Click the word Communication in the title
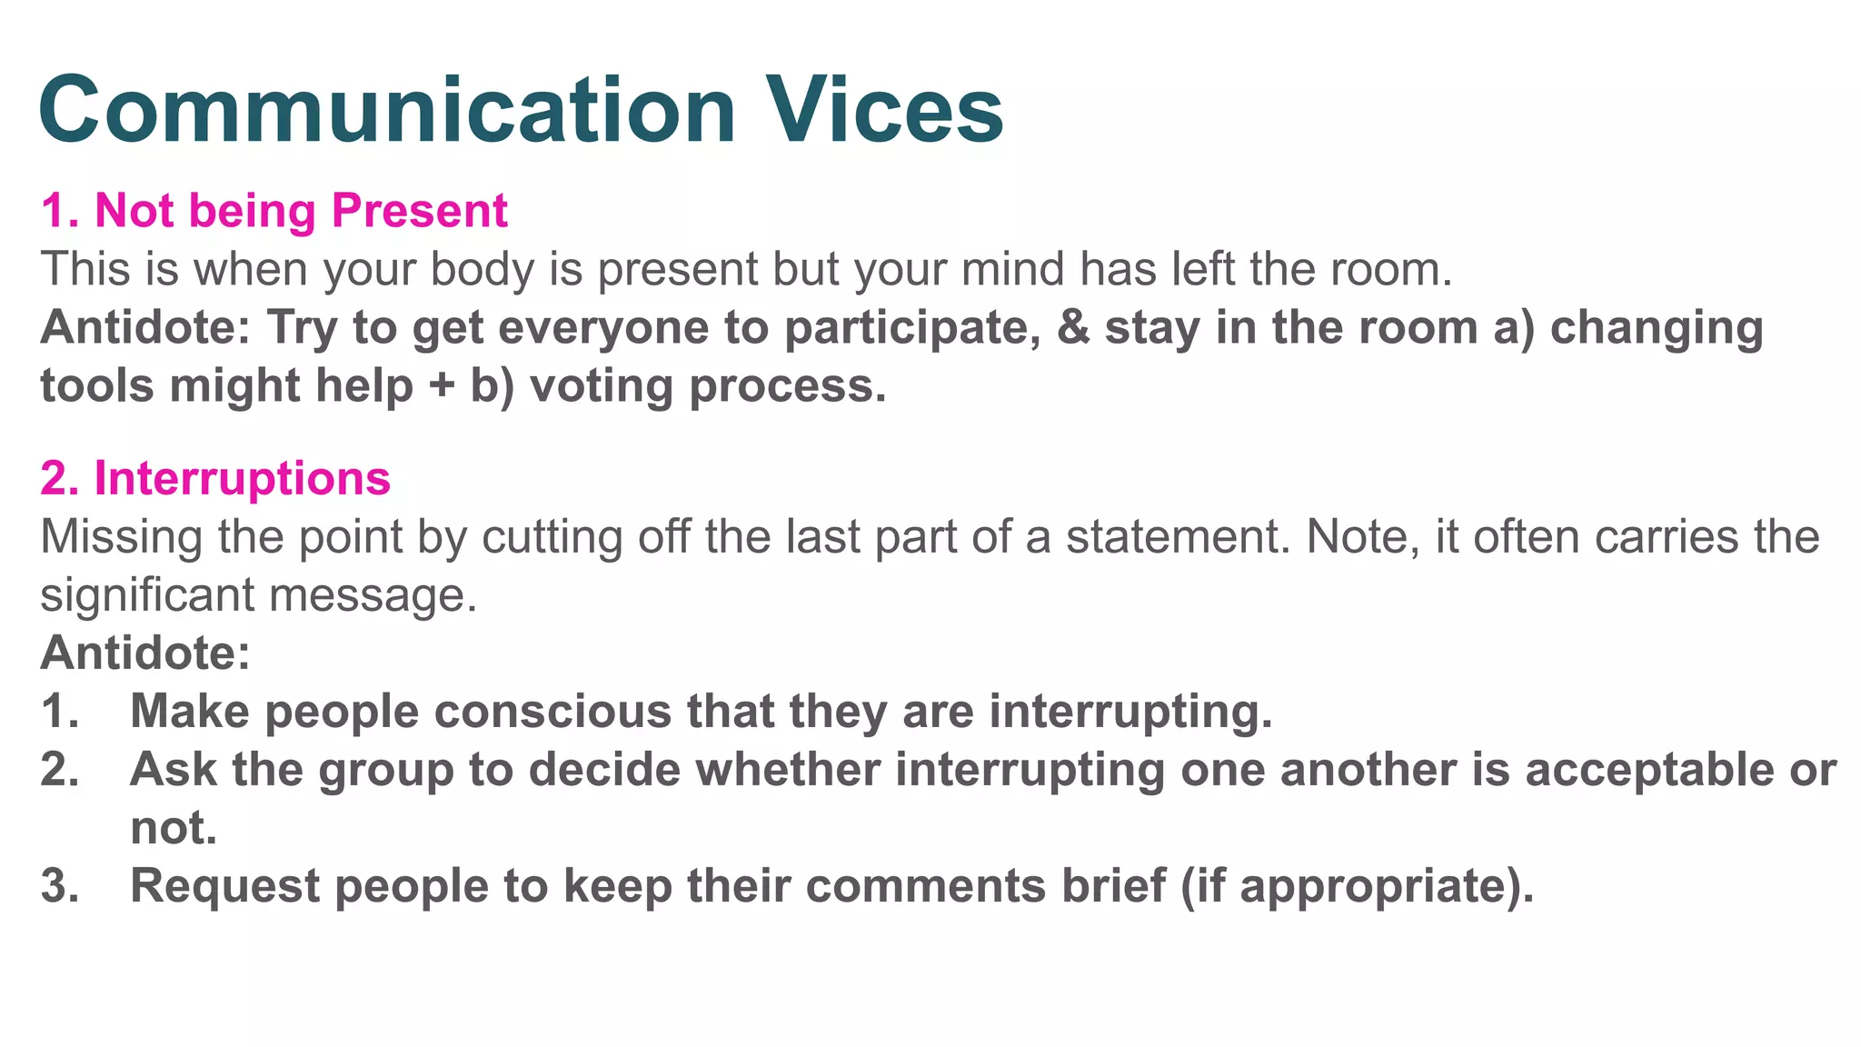pyautogui.click(x=386, y=110)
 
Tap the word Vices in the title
pyautogui.click(x=883, y=110)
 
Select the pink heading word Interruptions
pyautogui.click(x=242, y=478)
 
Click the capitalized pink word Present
pyautogui.click(x=419, y=211)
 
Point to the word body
pyautogui.click(x=482, y=270)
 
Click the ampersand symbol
pyautogui.click(x=1073, y=328)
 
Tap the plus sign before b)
pyautogui.click(x=442, y=386)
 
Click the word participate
pyautogui.click(x=911, y=328)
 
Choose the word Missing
pyautogui.click(x=122, y=536)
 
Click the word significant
pyautogui.click(x=147, y=595)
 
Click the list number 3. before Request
pyautogui.click(x=59, y=885)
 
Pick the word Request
pyautogui.click(x=224, y=885)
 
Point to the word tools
pyautogui.click(x=97, y=386)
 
